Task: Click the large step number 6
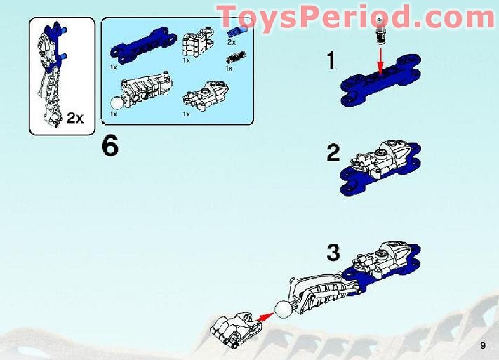tap(111, 147)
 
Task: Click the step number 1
tap(331, 60)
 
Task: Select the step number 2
tap(333, 153)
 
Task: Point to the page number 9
tap(483, 345)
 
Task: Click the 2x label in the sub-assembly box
tap(75, 119)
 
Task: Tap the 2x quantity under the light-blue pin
tap(232, 42)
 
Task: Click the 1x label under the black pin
tap(229, 69)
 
